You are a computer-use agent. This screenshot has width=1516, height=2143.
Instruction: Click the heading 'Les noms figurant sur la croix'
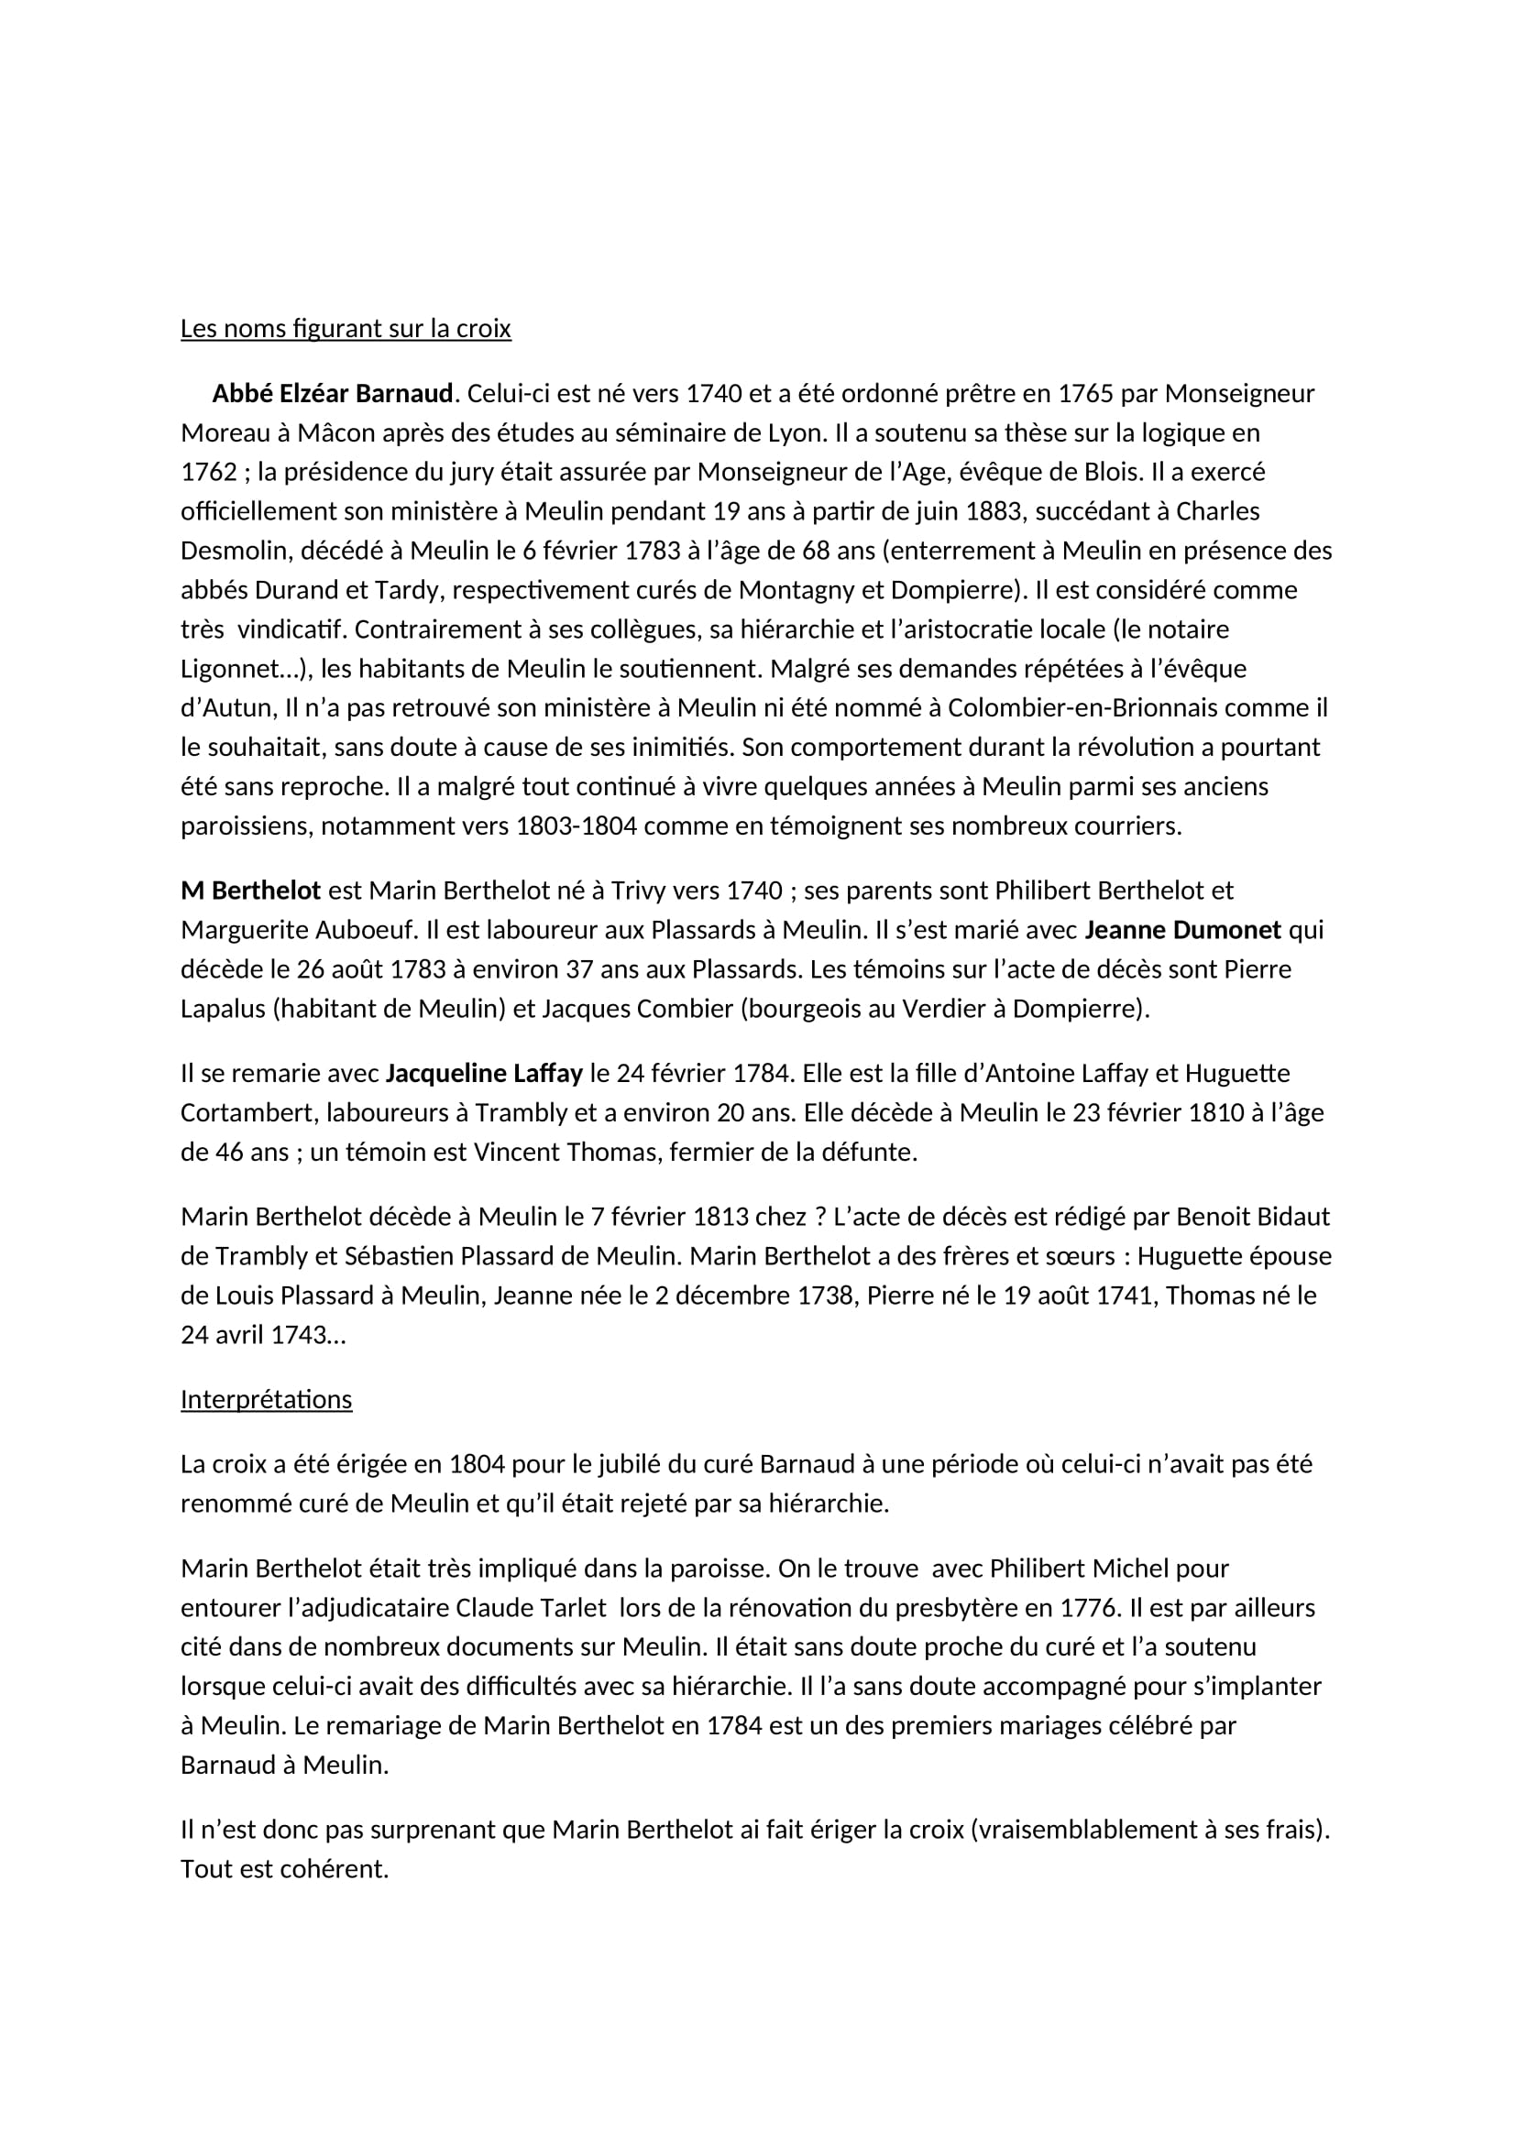346,329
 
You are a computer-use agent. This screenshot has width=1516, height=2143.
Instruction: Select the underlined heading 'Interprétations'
266,1399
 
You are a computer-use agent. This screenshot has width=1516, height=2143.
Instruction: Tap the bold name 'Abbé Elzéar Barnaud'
333,394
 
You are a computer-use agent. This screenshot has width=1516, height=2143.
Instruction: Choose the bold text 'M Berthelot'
250,891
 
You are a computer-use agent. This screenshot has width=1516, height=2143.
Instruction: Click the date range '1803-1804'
578,826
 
